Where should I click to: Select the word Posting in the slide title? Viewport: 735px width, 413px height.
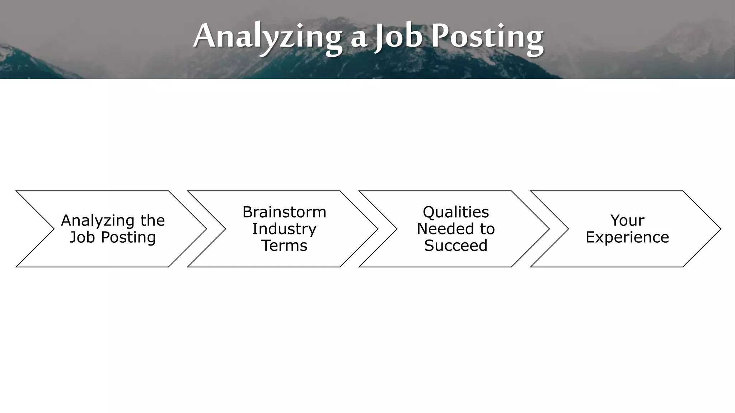[487, 37]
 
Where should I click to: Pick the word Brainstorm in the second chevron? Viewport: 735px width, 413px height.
[284, 212]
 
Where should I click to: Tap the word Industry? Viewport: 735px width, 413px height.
[284, 229]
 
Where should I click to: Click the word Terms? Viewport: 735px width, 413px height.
[284, 246]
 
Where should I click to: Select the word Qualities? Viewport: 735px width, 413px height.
[456, 212]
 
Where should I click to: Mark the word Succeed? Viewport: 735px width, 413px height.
[456, 246]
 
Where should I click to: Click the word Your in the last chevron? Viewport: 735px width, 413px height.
[627, 220]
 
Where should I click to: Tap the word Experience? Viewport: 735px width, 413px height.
[627, 237]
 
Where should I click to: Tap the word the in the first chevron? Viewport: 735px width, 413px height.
[153, 220]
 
